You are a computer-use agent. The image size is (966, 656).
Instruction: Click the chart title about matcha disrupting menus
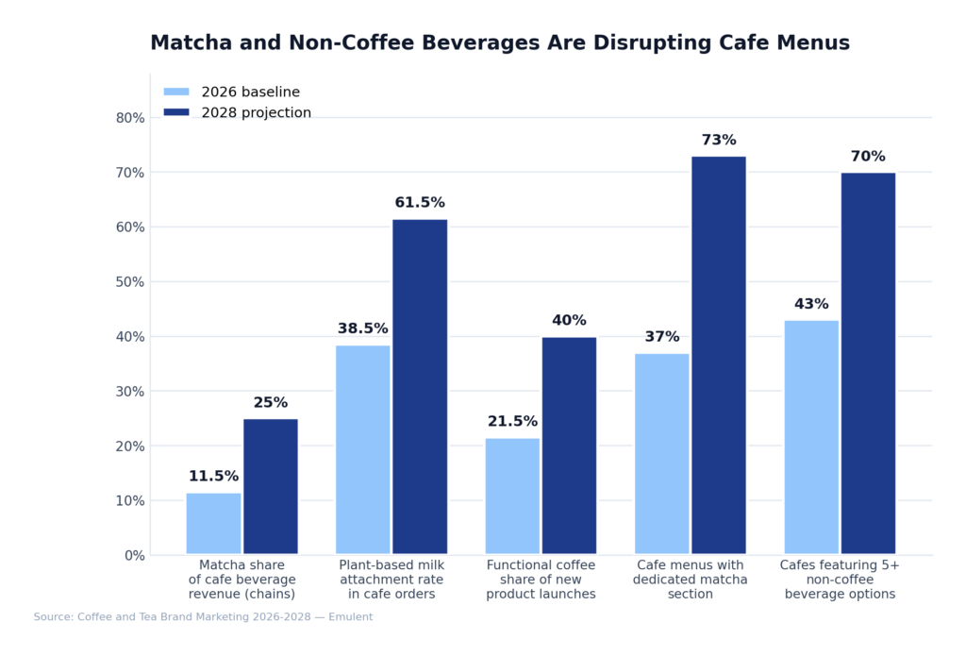click(x=499, y=43)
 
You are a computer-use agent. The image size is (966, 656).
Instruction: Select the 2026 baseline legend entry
click(x=231, y=93)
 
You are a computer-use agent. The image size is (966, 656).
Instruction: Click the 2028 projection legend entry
click(x=237, y=113)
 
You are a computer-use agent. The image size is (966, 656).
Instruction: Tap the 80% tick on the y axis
click(x=129, y=118)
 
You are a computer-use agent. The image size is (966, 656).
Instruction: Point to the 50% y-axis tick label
click(x=129, y=282)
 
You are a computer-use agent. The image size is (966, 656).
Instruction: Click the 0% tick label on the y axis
click(x=133, y=555)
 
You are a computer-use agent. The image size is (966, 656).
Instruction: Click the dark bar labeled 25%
click(x=271, y=486)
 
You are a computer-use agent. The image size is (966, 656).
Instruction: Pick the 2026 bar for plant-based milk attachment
click(x=362, y=449)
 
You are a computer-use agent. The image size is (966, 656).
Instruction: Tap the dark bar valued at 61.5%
click(x=420, y=387)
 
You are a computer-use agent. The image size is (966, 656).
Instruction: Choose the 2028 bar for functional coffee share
click(x=569, y=446)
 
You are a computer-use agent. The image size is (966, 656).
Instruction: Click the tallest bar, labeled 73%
click(x=718, y=355)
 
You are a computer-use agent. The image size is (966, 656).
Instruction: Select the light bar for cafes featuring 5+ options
click(x=811, y=437)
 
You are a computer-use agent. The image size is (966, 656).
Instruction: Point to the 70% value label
click(x=868, y=157)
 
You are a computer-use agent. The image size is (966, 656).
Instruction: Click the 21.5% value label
click(x=512, y=422)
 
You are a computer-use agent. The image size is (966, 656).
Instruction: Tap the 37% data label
click(x=661, y=337)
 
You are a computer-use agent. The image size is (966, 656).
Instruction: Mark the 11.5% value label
click(x=213, y=477)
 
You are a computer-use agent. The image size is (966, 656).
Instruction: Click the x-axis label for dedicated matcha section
click(x=691, y=580)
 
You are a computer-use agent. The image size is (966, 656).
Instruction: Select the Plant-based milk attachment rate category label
click(x=391, y=580)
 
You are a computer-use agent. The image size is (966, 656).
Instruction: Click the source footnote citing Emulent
click(x=203, y=617)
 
